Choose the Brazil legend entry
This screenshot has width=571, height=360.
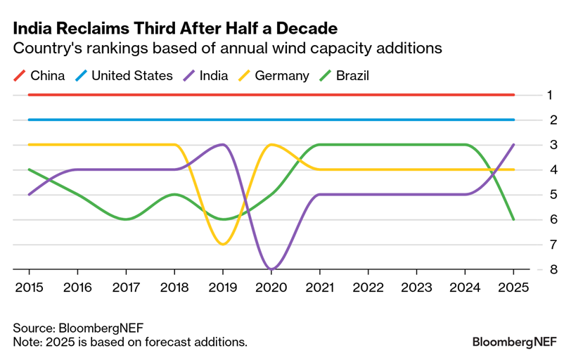point(352,75)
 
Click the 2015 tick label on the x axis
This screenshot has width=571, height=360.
point(29,287)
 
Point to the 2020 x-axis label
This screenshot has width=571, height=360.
point(271,287)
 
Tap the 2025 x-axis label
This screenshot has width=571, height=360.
point(513,287)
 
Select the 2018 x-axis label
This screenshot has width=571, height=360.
point(174,287)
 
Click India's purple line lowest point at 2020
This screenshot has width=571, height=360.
point(271,269)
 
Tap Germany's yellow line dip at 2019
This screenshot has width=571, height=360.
point(223,244)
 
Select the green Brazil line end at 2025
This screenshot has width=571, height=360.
point(513,219)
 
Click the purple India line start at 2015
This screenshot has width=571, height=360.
point(29,194)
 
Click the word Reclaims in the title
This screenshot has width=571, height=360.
point(94,29)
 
